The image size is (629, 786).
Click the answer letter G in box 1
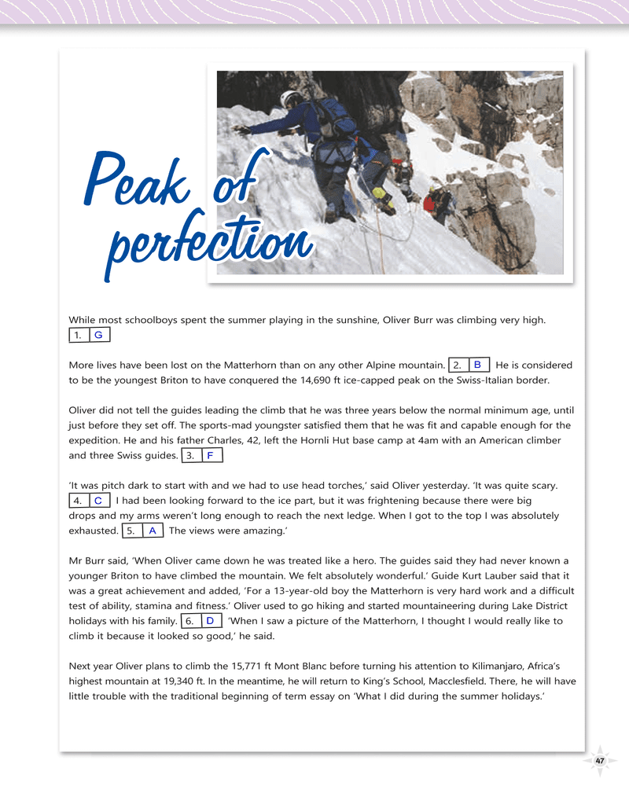tap(98, 336)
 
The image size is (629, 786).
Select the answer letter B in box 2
tap(477, 365)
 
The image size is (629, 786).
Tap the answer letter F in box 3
tap(210, 456)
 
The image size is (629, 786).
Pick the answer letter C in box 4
tap(97, 501)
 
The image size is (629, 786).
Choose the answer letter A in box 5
tap(152, 531)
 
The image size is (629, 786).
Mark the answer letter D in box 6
tap(210, 621)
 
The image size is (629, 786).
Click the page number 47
tap(600, 761)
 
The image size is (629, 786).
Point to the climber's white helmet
tap(289, 99)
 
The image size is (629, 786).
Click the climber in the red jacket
tap(430, 203)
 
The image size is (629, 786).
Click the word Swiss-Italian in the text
tap(470, 380)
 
